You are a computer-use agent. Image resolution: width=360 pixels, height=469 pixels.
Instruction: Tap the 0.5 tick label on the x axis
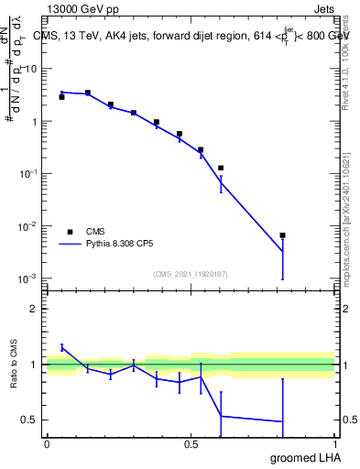[191, 443]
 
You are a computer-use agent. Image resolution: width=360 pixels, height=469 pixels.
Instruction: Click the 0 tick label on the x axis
[47, 443]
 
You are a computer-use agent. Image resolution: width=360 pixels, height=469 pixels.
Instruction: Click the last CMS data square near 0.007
[283, 235]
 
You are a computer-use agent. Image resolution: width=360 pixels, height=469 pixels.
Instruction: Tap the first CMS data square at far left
[61, 96]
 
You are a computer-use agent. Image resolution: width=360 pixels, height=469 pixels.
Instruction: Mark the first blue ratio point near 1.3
[61, 346]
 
